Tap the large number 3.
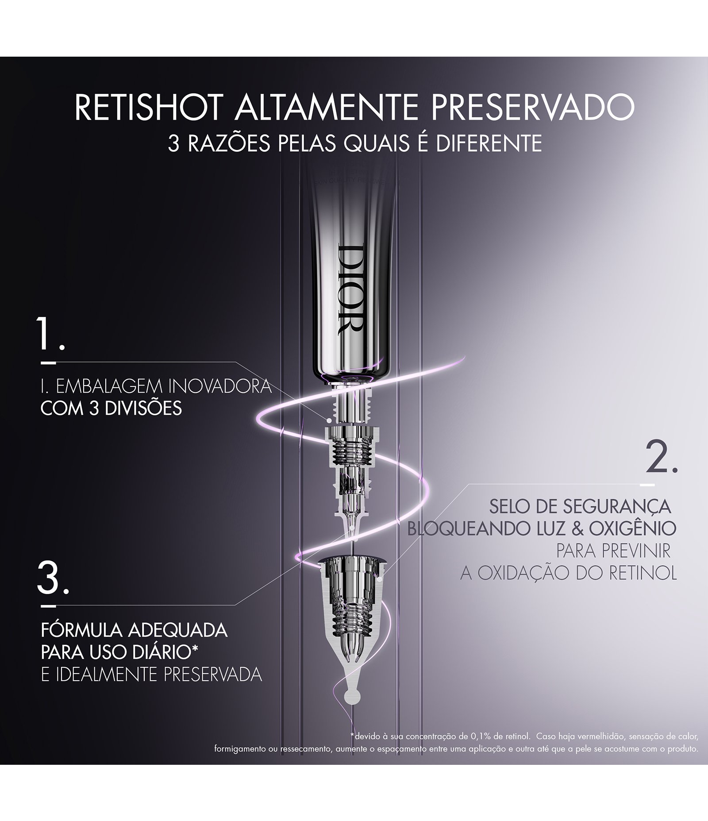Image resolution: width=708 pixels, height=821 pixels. coord(52,578)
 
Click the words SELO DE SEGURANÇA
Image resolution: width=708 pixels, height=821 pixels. coord(579,507)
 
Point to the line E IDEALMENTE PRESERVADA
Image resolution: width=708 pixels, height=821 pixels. coord(151,675)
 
